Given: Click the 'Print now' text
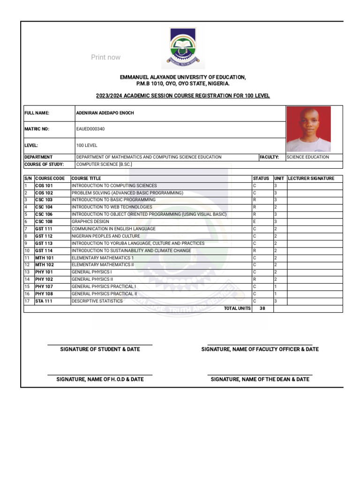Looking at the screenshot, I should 105,57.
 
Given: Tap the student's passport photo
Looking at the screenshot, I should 308,129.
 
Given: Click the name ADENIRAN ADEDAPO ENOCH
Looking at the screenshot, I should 105,113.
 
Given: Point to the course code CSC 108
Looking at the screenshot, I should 44,222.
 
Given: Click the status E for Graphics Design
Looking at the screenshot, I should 255,222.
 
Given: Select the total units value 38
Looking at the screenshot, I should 262,308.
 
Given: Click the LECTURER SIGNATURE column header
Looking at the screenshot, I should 311,179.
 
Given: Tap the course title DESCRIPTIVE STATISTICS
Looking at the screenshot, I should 97,301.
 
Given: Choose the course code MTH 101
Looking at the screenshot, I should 44,258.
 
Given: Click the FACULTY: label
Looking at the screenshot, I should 269,157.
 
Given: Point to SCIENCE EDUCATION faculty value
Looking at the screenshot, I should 307,157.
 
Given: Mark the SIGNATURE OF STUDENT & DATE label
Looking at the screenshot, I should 100,349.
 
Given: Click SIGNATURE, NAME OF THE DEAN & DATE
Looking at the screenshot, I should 260,379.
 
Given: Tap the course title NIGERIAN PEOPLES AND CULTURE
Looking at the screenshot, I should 105,236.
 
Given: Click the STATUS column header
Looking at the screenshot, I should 261,179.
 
